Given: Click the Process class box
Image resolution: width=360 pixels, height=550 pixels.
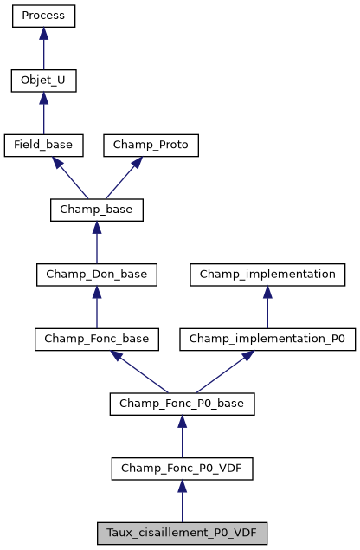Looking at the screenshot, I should [x=43, y=16].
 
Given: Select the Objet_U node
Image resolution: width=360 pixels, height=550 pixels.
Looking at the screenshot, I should [x=43, y=81].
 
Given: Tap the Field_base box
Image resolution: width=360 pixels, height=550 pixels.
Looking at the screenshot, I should [x=43, y=145].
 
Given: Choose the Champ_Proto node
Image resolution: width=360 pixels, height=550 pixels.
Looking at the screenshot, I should [x=151, y=145].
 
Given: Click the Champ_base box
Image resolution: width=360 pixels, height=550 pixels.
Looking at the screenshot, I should [x=96, y=210].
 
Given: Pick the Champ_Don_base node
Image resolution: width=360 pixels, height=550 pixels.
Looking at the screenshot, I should [x=96, y=275].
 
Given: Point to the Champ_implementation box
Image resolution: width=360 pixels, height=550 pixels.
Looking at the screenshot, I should [x=267, y=275].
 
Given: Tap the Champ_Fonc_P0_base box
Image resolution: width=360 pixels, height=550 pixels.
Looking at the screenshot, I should [x=182, y=404].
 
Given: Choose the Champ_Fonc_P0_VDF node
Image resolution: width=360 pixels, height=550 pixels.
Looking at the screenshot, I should [x=182, y=469].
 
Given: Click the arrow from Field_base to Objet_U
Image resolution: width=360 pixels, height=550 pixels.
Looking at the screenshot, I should [x=43, y=113].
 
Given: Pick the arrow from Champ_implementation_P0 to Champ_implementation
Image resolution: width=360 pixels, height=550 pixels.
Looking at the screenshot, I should [x=267, y=307].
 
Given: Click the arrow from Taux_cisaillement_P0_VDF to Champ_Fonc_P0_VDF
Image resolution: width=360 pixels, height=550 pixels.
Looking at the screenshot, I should [x=182, y=501].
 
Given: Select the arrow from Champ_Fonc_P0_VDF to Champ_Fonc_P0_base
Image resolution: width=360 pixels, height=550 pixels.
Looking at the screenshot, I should [x=182, y=437].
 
